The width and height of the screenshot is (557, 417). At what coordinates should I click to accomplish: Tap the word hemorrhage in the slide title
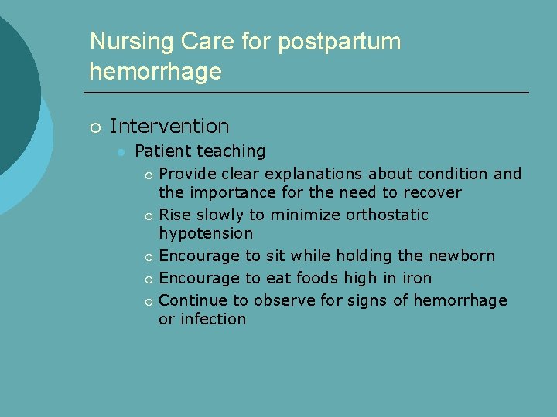coord(155,72)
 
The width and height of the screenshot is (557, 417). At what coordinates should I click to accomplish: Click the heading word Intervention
coord(169,126)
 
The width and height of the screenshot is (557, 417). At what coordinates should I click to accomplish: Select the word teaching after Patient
coord(231,151)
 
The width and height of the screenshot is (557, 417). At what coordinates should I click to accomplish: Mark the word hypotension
coord(206,233)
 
